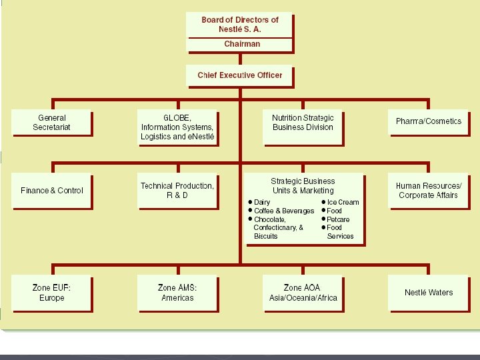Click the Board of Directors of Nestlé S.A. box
tap(239, 25)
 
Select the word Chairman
tap(241, 44)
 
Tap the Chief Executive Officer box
tap(239, 75)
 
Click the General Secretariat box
tap(51, 123)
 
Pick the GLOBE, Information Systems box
tap(177, 127)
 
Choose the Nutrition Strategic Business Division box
tap(303, 123)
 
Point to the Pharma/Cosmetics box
tap(428, 121)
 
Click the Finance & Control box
tap(51, 191)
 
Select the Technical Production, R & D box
tap(177, 190)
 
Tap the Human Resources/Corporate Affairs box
tap(428, 190)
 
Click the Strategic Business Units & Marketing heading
tap(303, 185)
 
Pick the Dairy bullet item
tap(262, 202)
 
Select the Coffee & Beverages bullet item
tap(283, 211)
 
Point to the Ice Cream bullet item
tap(343, 202)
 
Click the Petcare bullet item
tap(338, 219)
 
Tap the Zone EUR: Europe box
tap(51, 293)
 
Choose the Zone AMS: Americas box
tap(177, 293)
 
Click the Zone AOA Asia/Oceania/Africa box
tap(303, 293)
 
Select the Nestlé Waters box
tap(428, 293)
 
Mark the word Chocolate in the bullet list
tap(269, 219)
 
